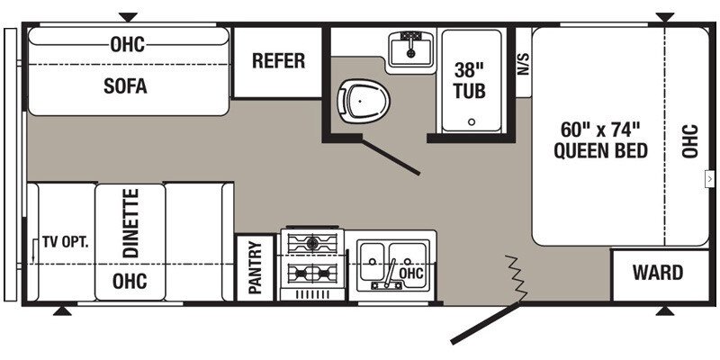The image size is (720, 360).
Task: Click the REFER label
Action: (x=278, y=60)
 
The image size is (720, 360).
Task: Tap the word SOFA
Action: (x=125, y=85)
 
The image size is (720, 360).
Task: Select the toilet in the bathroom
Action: (x=364, y=101)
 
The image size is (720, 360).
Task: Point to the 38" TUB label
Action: (x=470, y=80)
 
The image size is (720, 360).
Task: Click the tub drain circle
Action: (x=472, y=122)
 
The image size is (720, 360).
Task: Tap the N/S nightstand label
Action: (x=525, y=63)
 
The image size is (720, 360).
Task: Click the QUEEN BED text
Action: (x=600, y=150)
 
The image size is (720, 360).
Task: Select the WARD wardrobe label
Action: (x=658, y=273)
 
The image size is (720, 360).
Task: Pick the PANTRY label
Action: (x=255, y=267)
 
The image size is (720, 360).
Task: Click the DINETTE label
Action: (x=130, y=222)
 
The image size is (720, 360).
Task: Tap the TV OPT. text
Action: (x=66, y=242)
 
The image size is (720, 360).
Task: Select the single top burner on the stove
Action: (x=312, y=242)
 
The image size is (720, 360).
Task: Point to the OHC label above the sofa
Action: (x=127, y=44)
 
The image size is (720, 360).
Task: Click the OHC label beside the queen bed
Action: (x=689, y=141)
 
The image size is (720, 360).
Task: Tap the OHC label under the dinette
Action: (x=130, y=281)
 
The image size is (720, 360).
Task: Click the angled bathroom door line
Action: (x=391, y=157)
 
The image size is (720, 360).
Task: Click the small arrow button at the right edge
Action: (x=710, y=178)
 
